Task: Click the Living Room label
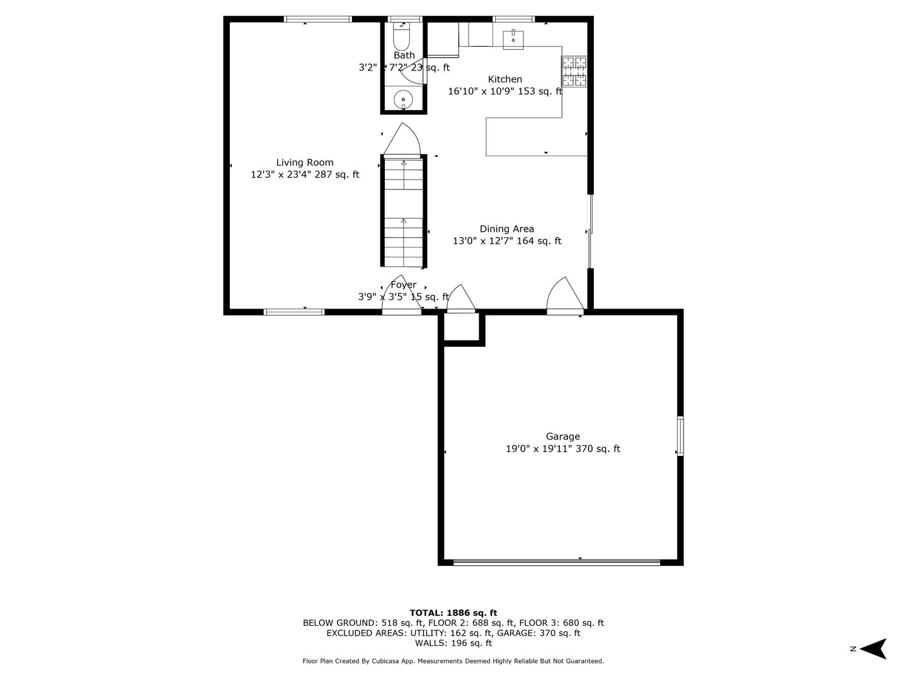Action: click(x=305, y=162)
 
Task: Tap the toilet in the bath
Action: click(x=401, y=38)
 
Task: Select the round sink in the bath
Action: click(x=402, y=99)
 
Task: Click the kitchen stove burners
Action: click(x=574, y=71)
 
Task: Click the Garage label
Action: click(x=562, y=436)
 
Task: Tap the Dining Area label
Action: click(x=506, y=229)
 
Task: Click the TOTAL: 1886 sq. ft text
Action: click(x=453, y=613)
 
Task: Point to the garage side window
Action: click(x=680, y=435)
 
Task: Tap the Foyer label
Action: click(x=403, y=285)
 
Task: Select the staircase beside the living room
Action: click(x=404, y=212)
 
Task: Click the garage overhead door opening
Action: click(x=557, y=562)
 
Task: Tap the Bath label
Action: click(x=404, y=55)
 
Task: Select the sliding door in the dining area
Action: click(x=590, y=231)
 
